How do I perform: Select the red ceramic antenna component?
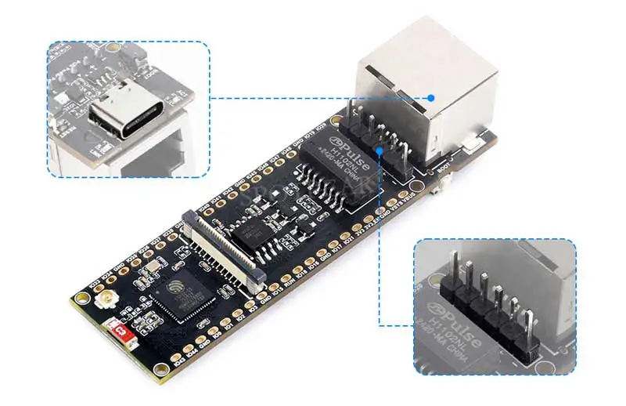point(121,332)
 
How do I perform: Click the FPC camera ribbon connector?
point(227,249)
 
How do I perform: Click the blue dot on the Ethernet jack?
point(431,98)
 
